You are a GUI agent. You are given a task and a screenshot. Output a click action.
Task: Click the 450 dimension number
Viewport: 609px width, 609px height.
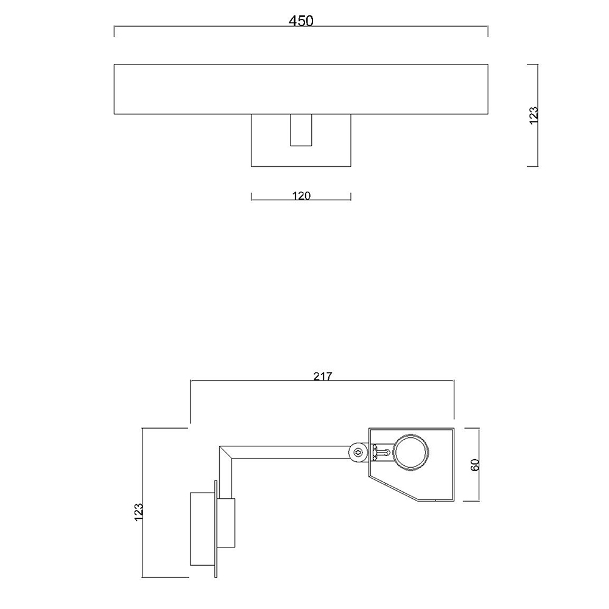coord(301,21)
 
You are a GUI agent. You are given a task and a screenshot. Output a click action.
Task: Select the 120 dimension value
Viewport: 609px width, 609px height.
coord(301,195)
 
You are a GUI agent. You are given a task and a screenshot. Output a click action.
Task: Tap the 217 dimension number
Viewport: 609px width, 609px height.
coord(323,376)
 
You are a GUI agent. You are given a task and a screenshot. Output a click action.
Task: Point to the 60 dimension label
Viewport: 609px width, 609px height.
coord(475,465)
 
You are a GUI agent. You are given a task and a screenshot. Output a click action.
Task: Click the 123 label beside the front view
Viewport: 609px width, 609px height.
coord(534,115)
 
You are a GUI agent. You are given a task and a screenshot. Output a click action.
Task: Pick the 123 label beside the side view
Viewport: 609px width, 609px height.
coord(139,512)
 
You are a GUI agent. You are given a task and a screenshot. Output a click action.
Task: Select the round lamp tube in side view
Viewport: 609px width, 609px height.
coord(411,452)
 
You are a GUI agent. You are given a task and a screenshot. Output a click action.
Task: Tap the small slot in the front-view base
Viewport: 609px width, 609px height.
coord(301,130)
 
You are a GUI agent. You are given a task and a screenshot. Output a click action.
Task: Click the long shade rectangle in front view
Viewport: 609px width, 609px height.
coord(301,89)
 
